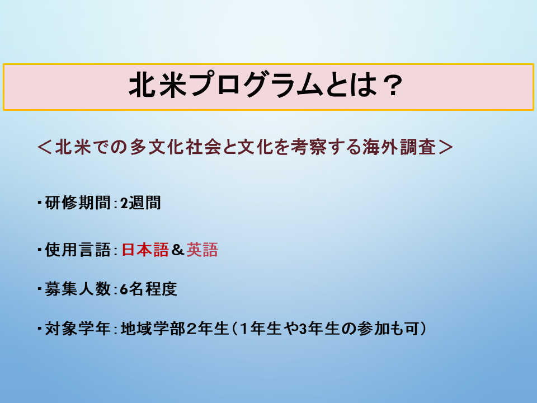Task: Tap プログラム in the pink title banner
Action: point(257,85)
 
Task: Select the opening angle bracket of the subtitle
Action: point(44,147)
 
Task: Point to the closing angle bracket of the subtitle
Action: point(446,147)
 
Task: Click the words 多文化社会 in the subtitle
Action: point(175,147)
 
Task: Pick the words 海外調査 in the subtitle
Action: point(399,147)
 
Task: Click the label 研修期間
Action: point(78,203)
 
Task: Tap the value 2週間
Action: point(140,203)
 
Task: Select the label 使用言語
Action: point(78,250)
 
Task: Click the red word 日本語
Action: point(145,250)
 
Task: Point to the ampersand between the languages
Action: point(178,250)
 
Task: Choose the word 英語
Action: point(202,250)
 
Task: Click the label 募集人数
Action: point(78,289)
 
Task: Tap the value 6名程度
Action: point(148,289)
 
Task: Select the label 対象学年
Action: point(78,329)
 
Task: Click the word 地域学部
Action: point(153,329)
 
